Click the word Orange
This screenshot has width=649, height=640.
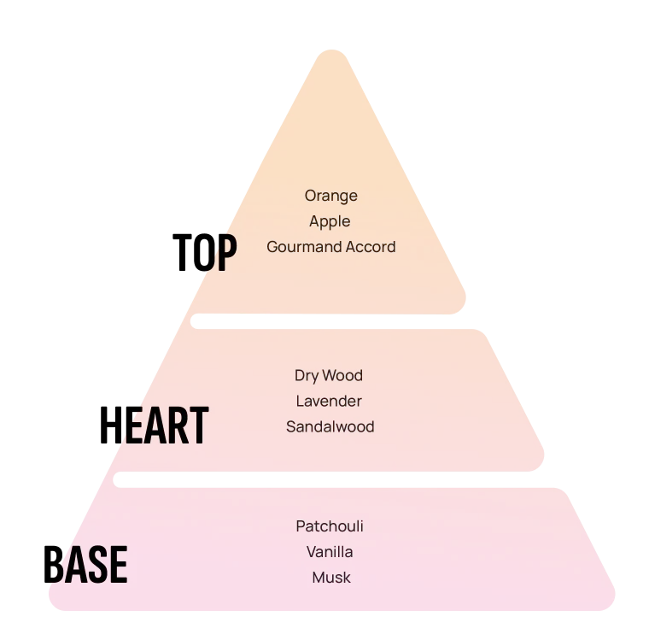[x=330, y=196]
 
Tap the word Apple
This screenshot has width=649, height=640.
[x=330, y=221]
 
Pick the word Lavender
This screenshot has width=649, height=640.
[x=329, y=401]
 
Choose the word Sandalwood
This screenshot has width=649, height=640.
[x=330, y=426]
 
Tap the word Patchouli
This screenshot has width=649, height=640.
[x=330, y=526]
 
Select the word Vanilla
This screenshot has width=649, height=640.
[x=330, y=552]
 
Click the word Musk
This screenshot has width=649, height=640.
[x=330, y=578]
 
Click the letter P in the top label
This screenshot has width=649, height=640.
[x=224, y=253]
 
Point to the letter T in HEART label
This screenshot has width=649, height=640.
[x=196, y=426]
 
